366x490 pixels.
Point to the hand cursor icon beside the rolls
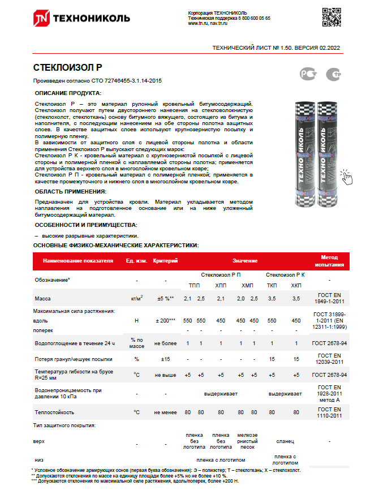pos(346,177)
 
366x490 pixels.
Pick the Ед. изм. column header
pos(137,261)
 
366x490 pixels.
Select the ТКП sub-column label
pos(272,286)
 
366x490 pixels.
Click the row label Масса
pos(44,298)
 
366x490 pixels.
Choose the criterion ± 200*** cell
pos(165,321)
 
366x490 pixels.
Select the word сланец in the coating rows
pos(285,440)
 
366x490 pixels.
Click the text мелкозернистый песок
pos(248,440)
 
